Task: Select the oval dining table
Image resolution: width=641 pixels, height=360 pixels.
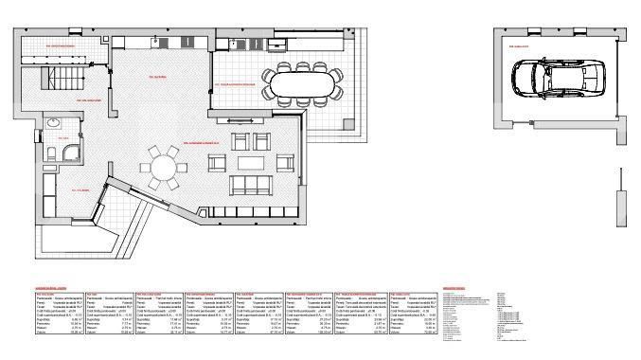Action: (302, 83)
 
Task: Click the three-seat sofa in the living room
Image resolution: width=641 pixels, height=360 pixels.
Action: (253, 186)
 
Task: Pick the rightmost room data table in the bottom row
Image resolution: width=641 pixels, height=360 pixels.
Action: (412, 314)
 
